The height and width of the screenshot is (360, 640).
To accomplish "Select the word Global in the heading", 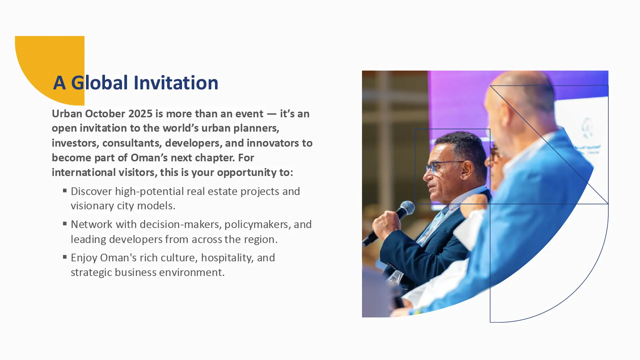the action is click(x=100, y=83).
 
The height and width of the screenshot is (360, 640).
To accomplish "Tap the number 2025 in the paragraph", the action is click(x=140, y=114).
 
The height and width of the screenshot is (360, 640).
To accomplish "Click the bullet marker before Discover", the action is click(x=65, y=191).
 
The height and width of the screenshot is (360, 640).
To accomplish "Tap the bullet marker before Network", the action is click(x=65, y=224).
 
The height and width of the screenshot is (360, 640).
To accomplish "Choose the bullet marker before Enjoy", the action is click(x=65, y=257).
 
